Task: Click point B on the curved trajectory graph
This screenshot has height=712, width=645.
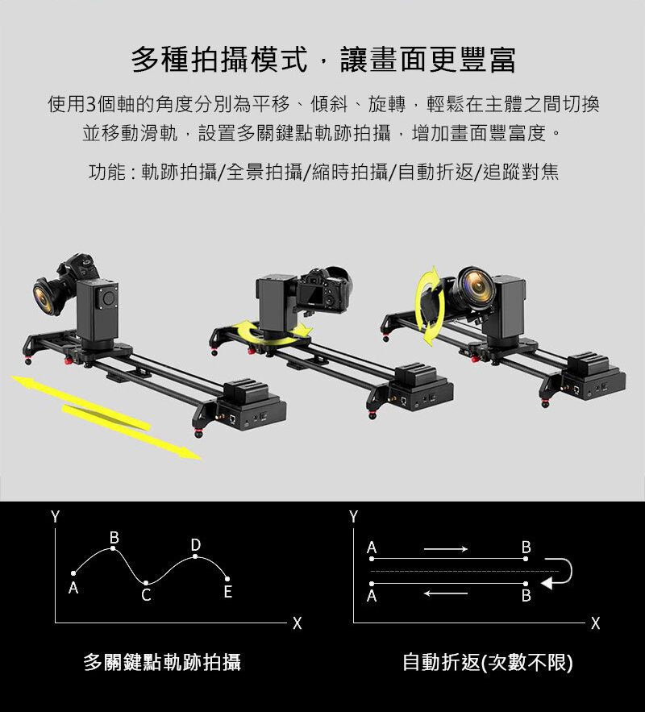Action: (113, 548)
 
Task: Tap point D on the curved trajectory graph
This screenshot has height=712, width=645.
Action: (195, 556)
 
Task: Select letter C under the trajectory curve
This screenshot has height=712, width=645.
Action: (146, 594)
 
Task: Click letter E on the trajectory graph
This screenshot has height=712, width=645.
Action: (228, 592)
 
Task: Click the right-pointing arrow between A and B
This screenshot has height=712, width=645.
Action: (446, 549)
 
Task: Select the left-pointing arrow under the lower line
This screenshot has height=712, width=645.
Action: (446, 593)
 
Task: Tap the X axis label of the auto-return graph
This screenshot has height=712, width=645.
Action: (595, 623)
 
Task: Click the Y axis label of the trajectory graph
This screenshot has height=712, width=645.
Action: (55, 517)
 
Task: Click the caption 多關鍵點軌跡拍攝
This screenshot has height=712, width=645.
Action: (162, 662)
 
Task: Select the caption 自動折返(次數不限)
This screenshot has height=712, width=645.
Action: (488, 663)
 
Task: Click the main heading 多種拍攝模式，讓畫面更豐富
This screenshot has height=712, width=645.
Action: (323, 60)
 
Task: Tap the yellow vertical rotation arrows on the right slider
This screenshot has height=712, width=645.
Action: (430, 306)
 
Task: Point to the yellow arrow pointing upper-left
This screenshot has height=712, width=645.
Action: (81, 402)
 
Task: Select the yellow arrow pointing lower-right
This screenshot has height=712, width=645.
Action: (132, 432)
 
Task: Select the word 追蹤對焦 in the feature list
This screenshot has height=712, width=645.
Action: (521, 172)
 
